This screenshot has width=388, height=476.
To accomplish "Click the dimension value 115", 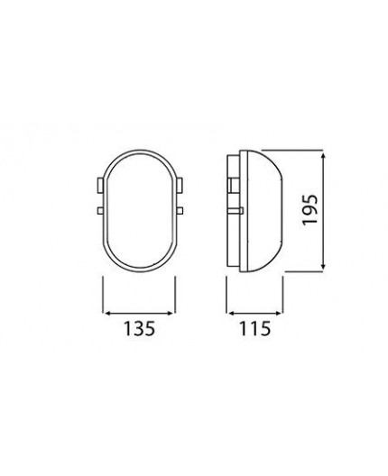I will pyautogui.click(x=255, y=329).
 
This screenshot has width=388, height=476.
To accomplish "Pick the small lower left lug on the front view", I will pyautogui.click(x=99, y=211).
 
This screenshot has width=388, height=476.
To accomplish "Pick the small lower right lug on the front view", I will pyautogui.click(x=184, y=211).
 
